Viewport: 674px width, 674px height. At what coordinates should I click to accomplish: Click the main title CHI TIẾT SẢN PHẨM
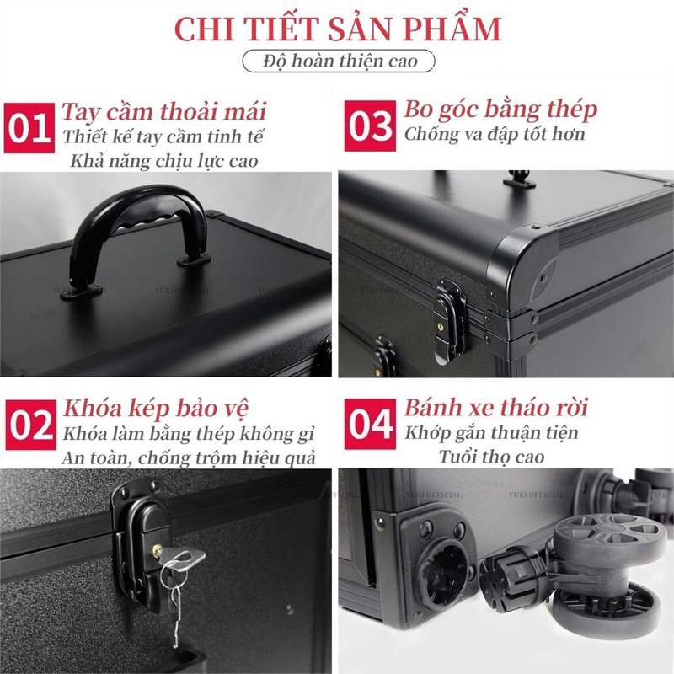click(337, 27)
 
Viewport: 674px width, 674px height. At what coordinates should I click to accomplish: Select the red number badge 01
click(29, 129)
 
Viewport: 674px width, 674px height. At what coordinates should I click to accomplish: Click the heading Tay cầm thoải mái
click(164, 111)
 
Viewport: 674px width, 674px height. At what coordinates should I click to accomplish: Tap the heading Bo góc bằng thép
click(500, 109)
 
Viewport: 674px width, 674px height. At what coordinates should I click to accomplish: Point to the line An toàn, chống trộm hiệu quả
click(190, 457)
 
